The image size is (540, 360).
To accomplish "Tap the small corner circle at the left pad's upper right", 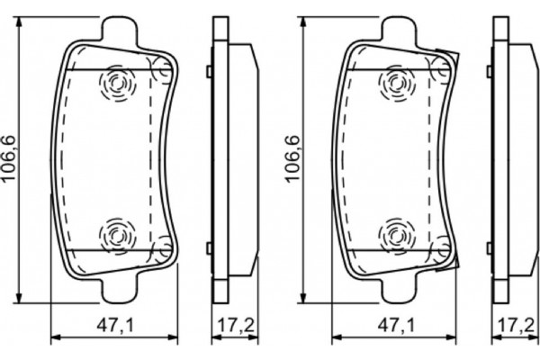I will click(162, 65).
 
